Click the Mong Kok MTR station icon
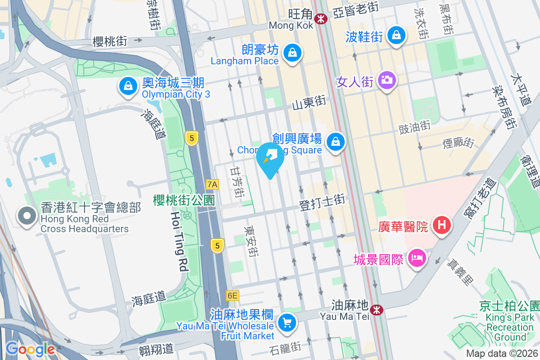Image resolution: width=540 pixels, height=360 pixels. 321,18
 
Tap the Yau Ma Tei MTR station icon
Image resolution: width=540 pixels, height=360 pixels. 376,310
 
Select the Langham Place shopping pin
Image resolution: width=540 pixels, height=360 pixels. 293,53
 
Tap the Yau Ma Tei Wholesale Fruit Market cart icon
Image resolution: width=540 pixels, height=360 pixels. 287,322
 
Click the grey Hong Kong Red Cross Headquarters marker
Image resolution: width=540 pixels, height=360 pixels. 27,216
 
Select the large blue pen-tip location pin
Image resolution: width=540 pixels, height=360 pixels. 270,158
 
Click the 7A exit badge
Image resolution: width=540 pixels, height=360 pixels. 212,184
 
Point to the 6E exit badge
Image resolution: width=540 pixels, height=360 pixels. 232,296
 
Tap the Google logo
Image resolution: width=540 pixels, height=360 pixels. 30,349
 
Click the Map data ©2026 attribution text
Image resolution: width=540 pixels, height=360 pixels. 502,354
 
